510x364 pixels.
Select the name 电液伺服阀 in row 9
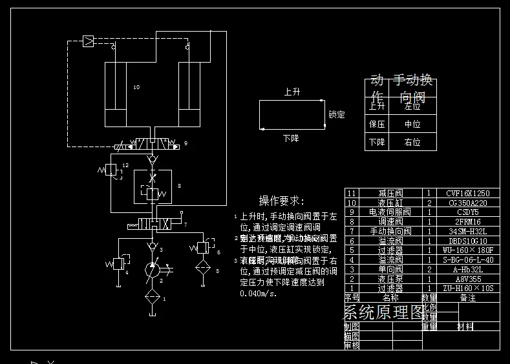click(390, 212)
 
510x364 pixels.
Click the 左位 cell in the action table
click(412, 106)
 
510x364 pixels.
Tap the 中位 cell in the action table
click(412, 124)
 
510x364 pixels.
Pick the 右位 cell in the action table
click(412, 142)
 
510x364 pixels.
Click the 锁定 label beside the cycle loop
click(337, 115)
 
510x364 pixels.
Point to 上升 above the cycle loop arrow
click(292, 92)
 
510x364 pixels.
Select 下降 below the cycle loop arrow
click(291, 138)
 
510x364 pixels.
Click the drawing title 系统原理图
click(383, 313)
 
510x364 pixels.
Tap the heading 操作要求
click(281, 201)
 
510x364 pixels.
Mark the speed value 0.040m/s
click(258, 294)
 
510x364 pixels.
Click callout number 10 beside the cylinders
click(136, 86)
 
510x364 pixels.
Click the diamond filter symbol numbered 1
click(153, 297)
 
